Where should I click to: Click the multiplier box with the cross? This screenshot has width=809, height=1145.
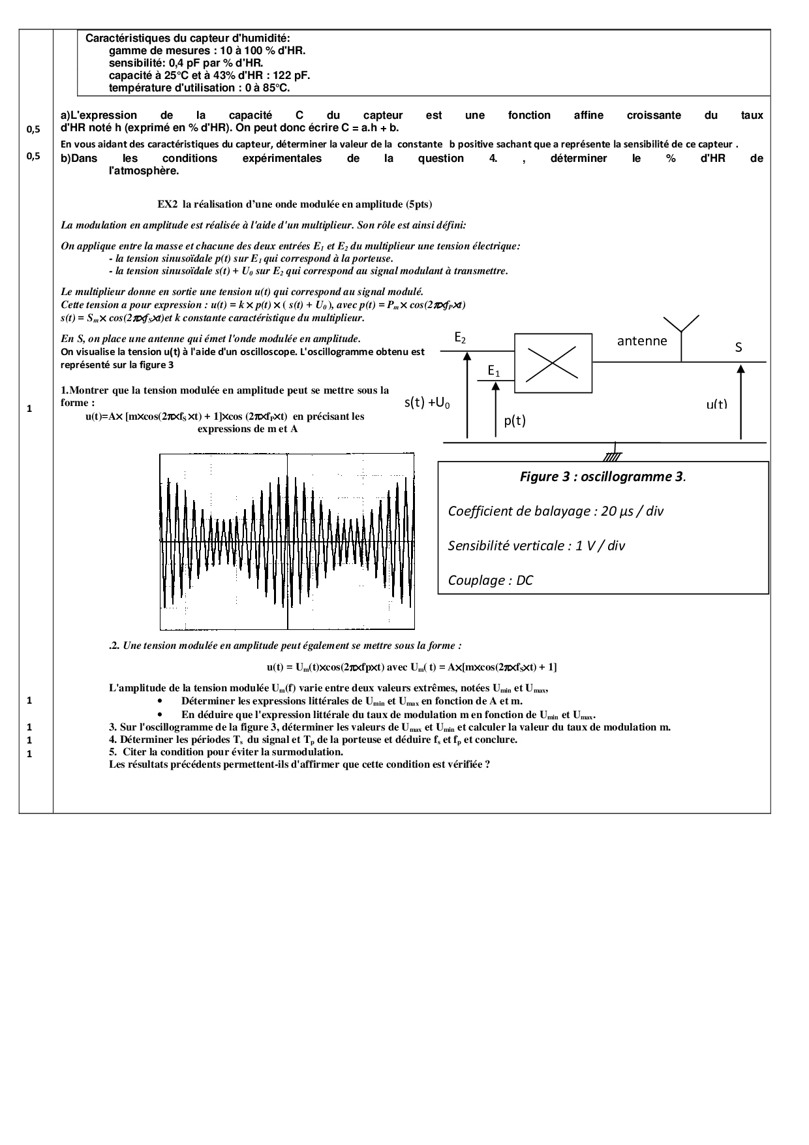coord(553,363)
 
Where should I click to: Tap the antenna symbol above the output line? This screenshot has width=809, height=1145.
coord(681,330)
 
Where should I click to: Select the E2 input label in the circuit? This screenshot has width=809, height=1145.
coord(460,338)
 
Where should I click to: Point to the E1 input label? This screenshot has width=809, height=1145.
coord(494,371)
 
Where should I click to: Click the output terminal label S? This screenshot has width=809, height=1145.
coord(739,347)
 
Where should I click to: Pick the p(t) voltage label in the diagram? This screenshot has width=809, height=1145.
coord(515,420)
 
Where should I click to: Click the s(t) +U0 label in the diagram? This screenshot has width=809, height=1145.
coord(427,403)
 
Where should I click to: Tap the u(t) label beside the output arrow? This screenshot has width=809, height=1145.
coord(716,404)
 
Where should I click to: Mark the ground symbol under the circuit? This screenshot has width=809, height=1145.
coord(613,455)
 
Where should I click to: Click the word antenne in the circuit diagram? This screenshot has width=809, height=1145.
coord(642,341)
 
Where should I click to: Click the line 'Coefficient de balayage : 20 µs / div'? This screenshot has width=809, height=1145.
coord(555,511)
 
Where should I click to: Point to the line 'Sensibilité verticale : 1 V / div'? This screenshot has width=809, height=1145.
coord(536,546)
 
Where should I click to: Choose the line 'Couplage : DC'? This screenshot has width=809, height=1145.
coord(490,580)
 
